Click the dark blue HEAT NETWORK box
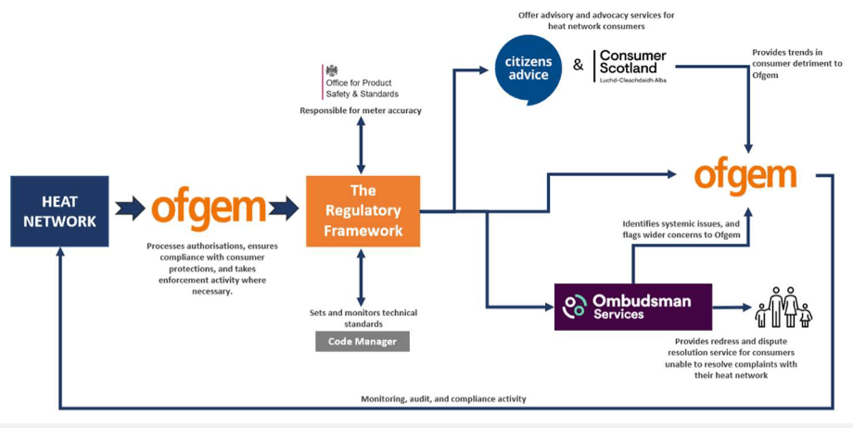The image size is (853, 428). [59, 211]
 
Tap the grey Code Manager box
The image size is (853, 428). [363, 342]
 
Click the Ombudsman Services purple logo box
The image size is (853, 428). [632, 307]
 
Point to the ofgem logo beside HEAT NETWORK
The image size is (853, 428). [209, 209]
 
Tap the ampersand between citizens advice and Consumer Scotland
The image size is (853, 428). [578, 66]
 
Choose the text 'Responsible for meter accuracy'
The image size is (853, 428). [361, 111]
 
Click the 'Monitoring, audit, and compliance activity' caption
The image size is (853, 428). [443, 399]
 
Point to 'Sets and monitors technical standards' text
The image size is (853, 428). [363, 318]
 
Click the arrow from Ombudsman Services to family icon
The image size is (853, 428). [732, 307]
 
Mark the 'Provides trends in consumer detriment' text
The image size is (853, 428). [797, 64]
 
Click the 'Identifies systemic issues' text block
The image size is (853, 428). [681, 230]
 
